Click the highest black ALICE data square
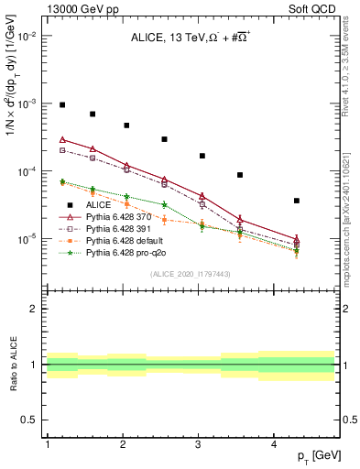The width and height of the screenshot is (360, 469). click(62, 105)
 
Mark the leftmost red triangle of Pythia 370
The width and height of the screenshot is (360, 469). click(62, 139)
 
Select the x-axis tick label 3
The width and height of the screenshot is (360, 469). click(199, 444)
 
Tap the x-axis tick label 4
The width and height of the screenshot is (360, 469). click(275, 444)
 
